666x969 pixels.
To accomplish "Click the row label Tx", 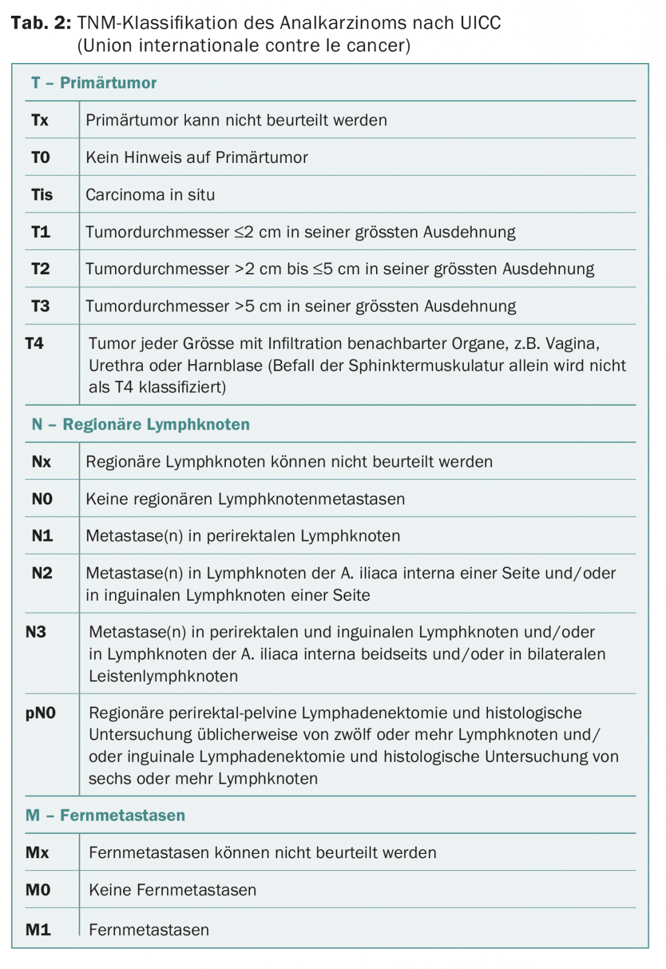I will click(40, 120).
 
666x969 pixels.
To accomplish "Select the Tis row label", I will click(42, 194).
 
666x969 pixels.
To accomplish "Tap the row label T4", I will click(35, 343).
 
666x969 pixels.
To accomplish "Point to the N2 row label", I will click(42, 573).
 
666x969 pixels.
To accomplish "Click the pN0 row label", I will click(41, 713).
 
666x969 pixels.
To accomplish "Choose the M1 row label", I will click(38, 929).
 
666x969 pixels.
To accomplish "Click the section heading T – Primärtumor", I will click(94, 83).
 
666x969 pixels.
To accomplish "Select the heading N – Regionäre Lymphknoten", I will click(140, 425).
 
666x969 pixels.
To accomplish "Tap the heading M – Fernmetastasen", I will click(105, 815).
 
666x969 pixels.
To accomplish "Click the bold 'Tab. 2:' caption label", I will click(41, 23).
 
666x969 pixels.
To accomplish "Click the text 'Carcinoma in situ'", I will click(150, 194).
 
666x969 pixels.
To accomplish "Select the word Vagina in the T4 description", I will click(572, 343).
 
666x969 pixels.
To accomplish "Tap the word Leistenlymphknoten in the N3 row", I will click(163, 676).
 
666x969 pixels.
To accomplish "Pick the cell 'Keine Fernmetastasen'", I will click(173, 890).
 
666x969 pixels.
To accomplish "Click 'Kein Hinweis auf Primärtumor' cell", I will click(197, 157).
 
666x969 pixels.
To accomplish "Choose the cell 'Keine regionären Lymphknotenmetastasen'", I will click(245, 499).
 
